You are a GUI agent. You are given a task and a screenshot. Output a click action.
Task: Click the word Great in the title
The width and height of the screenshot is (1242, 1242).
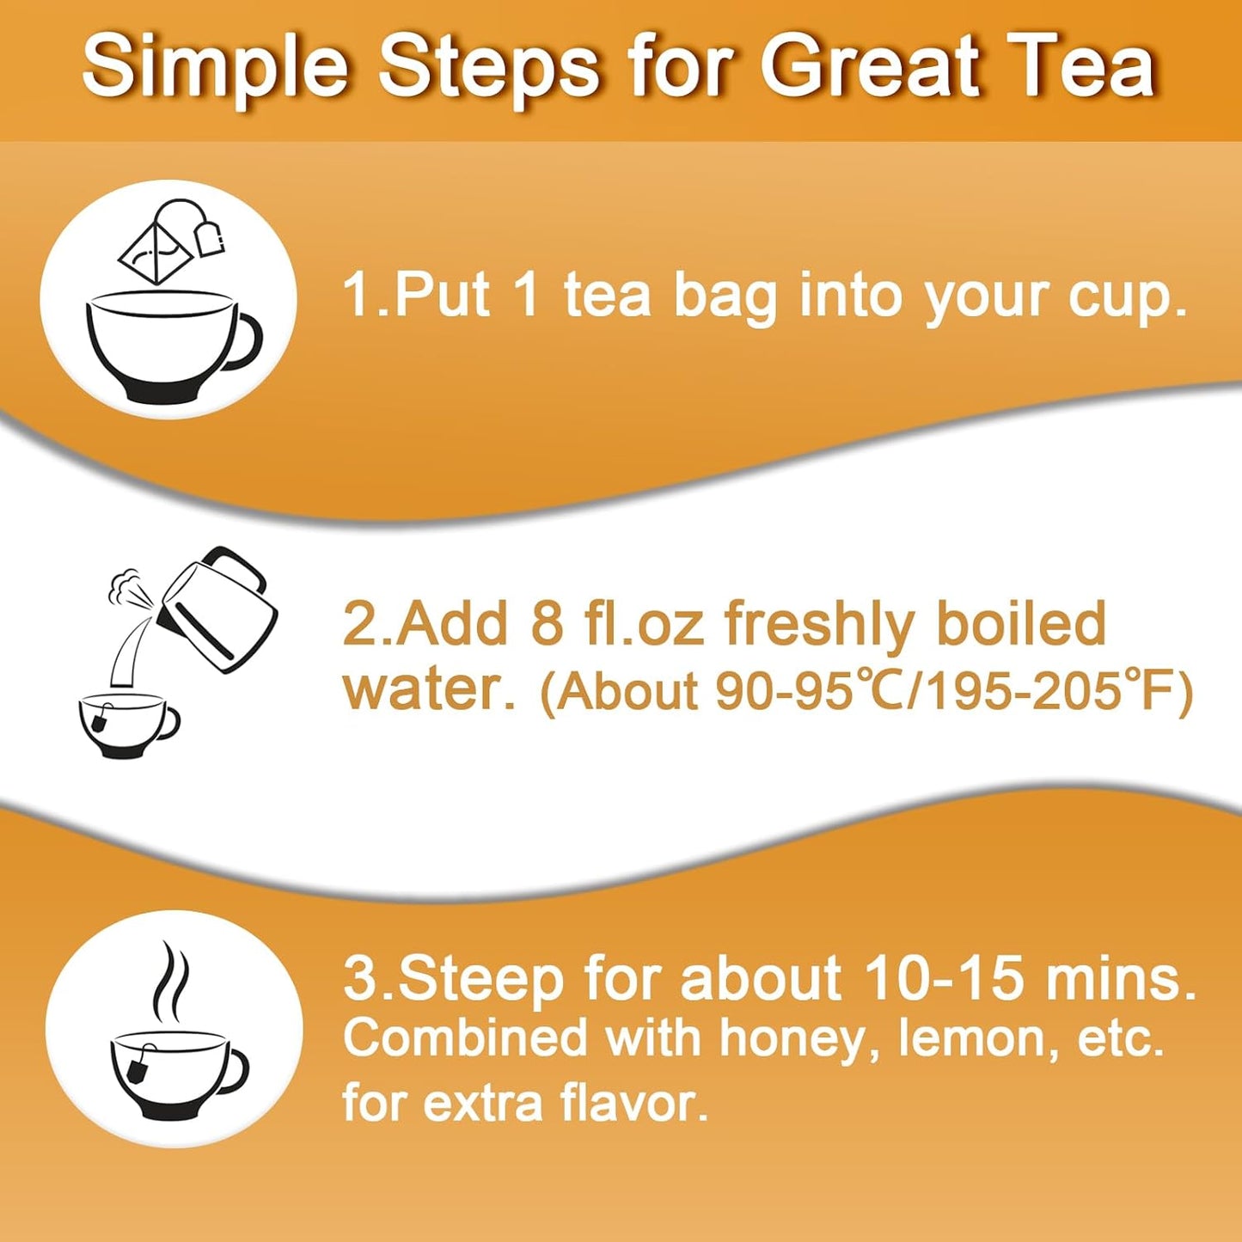(x=870, y=67)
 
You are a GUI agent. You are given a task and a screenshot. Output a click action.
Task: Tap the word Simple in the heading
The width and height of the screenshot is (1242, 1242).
(x=216, y=67)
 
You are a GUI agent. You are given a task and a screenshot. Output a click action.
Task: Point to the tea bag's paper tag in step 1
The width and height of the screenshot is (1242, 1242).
(x=210, y=238)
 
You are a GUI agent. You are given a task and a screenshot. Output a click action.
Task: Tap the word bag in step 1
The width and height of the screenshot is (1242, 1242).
(x=725, y=297)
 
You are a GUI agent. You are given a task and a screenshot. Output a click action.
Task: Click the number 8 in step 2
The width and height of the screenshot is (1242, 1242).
(x=546, y=623)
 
